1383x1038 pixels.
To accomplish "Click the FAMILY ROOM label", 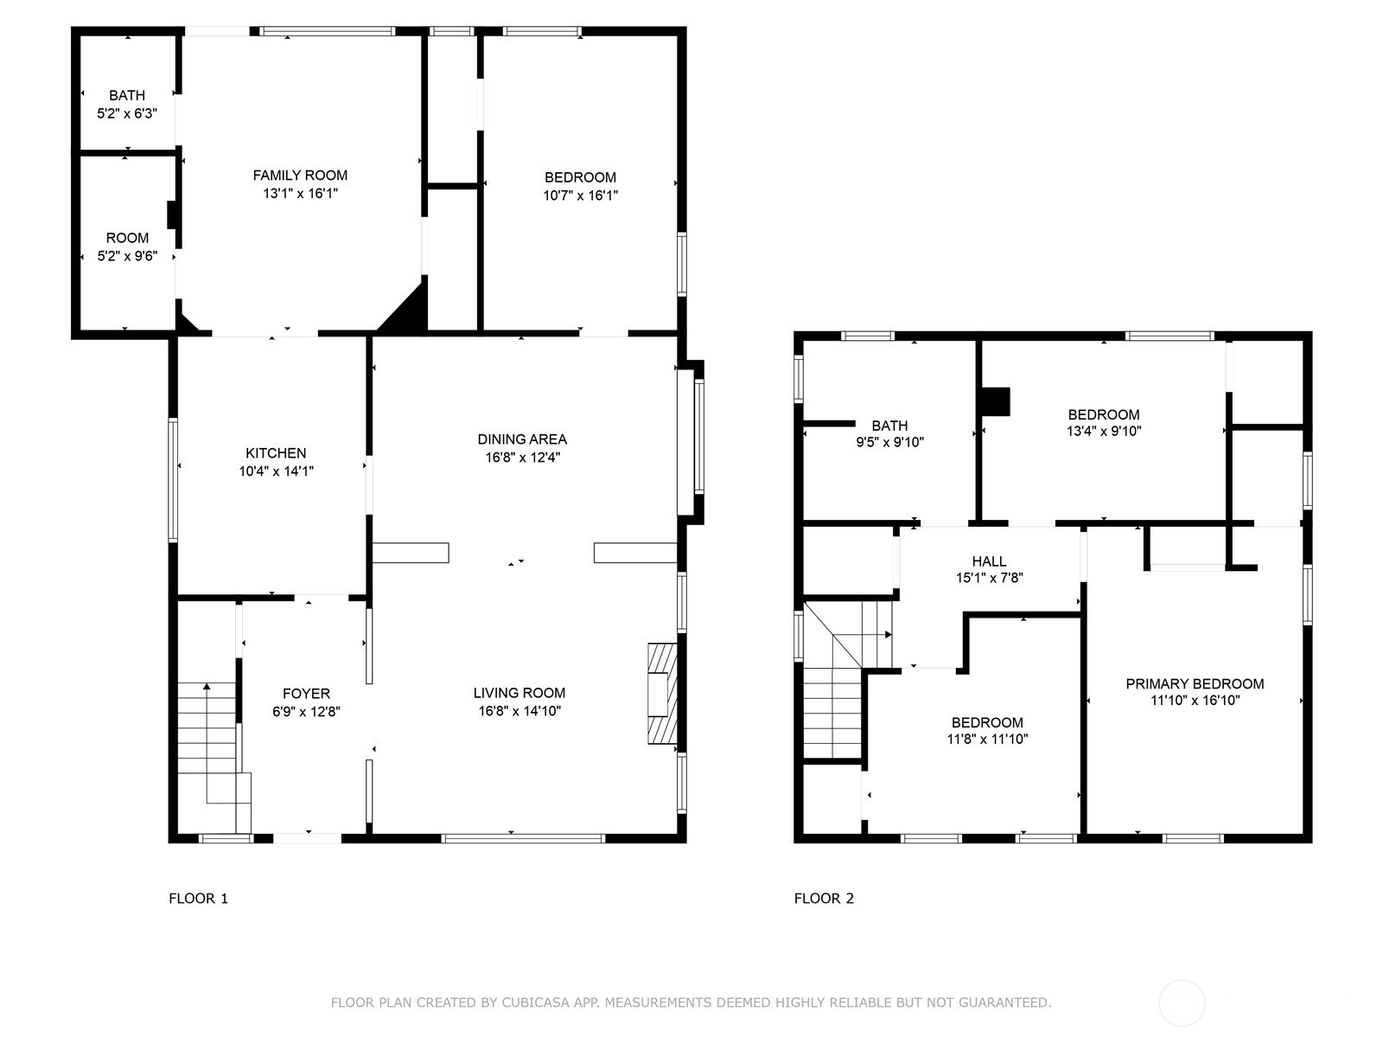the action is [300, 176].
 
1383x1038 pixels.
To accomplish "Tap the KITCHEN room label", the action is [276, 452].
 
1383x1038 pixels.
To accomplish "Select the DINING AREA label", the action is [522, 439].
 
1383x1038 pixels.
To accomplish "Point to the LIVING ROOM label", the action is [519, 693].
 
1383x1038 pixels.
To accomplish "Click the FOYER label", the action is [306, 693].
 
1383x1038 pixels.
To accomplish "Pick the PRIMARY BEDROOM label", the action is [1195, 683].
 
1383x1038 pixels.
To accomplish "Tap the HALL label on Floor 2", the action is [989, 561].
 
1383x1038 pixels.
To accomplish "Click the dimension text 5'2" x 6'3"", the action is [127, 113].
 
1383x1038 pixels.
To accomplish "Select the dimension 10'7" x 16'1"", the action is [580, 195].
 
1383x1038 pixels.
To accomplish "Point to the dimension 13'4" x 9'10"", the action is [1104, 431].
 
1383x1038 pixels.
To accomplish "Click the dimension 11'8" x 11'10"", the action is [987, 739].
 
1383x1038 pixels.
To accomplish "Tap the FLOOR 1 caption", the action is [199, 898].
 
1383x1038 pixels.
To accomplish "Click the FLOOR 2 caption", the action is [824, 898].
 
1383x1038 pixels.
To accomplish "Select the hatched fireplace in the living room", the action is [661, 693].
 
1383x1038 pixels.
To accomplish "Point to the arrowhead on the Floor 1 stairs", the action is [207, 686].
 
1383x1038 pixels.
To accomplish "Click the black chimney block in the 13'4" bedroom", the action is [996, 401].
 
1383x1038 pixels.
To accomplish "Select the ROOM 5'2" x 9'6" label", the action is [127, 247].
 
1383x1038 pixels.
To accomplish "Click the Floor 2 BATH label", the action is [889, 426].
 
